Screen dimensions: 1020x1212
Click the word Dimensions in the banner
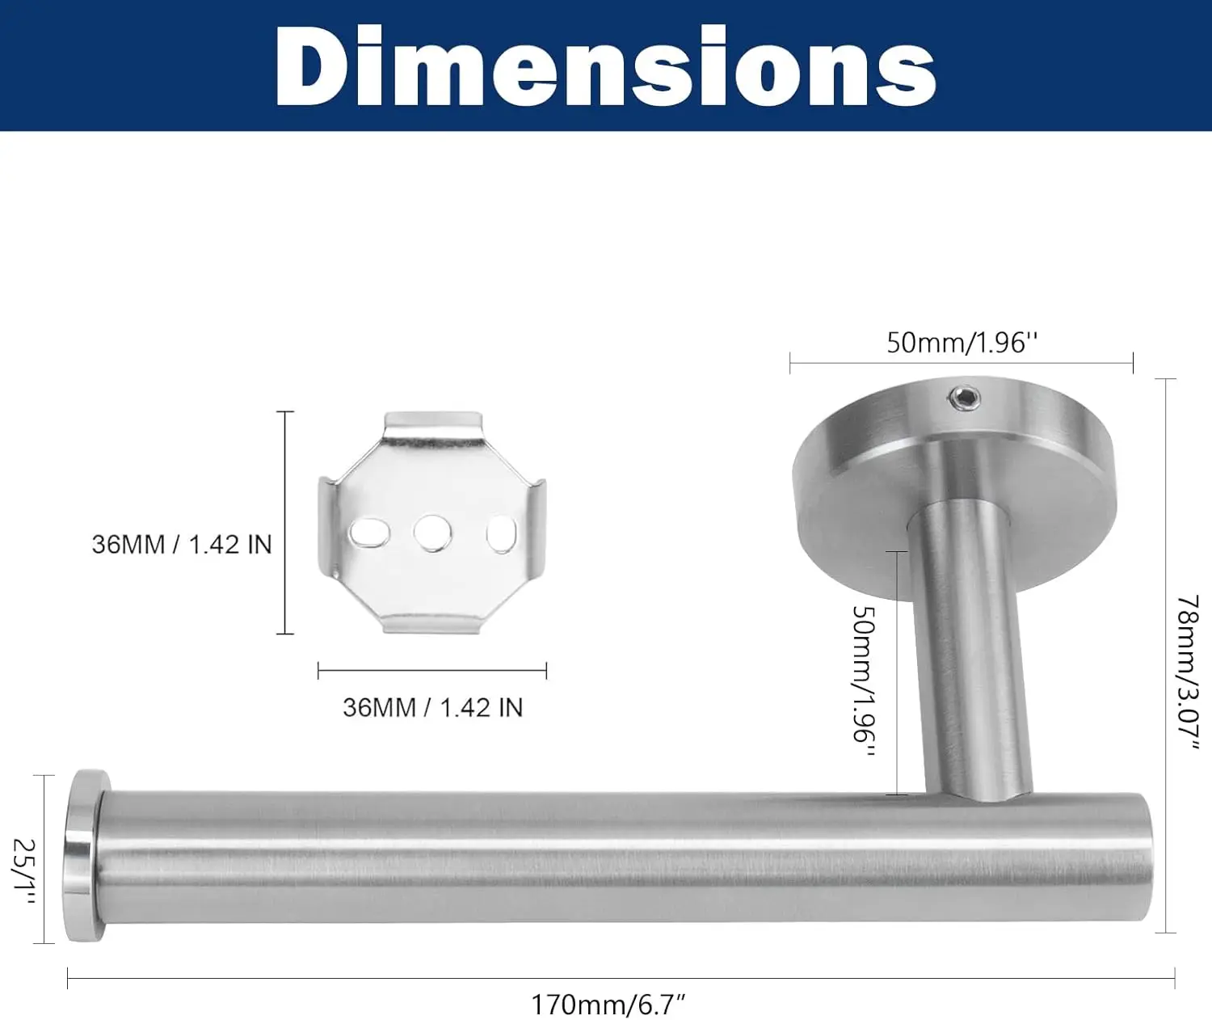click(605, 66)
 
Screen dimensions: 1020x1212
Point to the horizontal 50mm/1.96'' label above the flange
click(962, 343)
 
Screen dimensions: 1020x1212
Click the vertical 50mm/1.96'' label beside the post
click(864, 681)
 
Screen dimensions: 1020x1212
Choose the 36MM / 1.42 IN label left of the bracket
click(182, 545)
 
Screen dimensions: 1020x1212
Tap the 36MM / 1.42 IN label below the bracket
click(432, 707)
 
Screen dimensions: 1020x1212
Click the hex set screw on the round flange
click(965, 398)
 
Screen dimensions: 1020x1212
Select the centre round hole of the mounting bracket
click(432, 533)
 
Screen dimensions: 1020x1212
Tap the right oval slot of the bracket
click(501, 534)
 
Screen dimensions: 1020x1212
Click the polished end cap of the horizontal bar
click(84, 855)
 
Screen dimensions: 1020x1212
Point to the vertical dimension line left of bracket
click(284, 522)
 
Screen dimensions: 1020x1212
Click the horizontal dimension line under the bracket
click(432, 670)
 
